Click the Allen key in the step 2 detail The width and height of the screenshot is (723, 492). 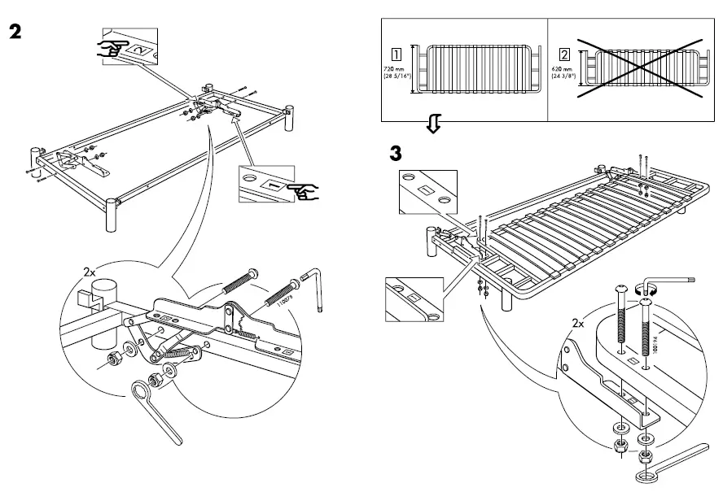tap(318, 290)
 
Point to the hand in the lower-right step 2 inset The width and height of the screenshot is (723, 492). tap(304, 192)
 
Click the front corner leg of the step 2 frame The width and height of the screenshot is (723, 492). tap(110, 217)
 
